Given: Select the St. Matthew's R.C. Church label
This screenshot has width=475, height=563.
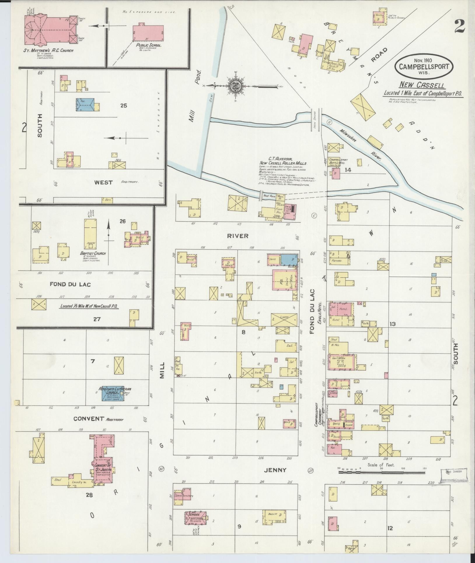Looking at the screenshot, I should click(48, 51).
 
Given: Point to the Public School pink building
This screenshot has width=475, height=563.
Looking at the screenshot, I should click(148, 32).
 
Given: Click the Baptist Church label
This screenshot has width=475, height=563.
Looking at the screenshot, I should click(93, 253).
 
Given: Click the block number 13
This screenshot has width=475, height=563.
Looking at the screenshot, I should click(392, 324).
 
